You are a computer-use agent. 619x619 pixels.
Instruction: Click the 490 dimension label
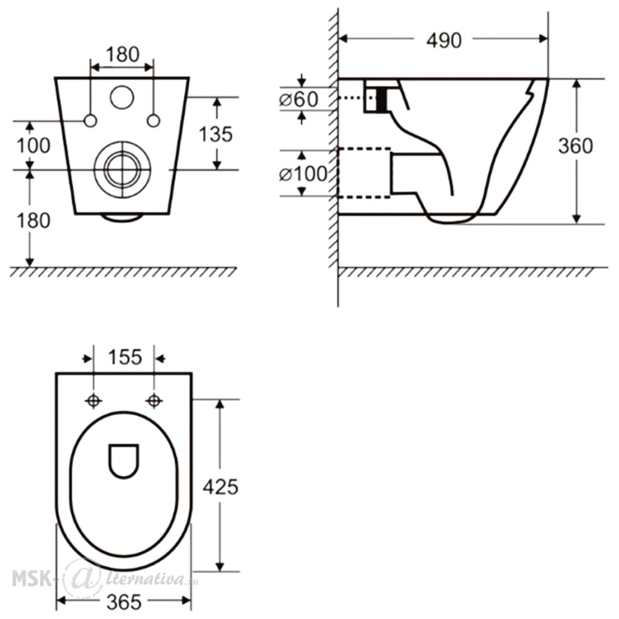[x=444, y=40]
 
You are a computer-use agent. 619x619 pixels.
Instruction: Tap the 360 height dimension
[x=575, y=146]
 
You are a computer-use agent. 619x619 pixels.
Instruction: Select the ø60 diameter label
[x=298, y=99]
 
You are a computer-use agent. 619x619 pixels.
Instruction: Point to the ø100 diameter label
[x=303, y=173]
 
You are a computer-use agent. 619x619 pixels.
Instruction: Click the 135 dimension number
[x=215, y=134]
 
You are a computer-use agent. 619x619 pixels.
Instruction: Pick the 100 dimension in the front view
[x=33, y=145]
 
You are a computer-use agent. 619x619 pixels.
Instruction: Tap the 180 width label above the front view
[x=123, y=54]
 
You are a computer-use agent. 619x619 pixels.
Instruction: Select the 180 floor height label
[x=33, y=220]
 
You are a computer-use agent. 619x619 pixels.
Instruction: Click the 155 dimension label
[x=125, y=357]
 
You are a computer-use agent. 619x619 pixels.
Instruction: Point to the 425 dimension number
[x=220, y=487]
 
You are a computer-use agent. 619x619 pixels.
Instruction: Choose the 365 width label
[x=124, y=602]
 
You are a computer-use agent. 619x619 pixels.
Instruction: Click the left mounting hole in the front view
[x=91, y=121]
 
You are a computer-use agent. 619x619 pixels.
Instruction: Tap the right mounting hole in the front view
[x=154, y=121]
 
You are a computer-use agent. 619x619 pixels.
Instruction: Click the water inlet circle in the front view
[x=122, y=97]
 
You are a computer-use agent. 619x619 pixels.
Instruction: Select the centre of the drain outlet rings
[x=123, y=170]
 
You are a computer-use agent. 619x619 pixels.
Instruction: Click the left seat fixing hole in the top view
[x=93, y=401]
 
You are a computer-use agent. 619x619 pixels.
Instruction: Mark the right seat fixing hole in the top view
[x=154, y=401]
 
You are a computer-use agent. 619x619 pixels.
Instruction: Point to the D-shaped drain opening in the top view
[x=124, y=461]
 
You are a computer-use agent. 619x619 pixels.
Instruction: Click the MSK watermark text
[x=32, y=579]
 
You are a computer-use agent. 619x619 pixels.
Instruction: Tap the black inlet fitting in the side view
[x=382, y=99]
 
